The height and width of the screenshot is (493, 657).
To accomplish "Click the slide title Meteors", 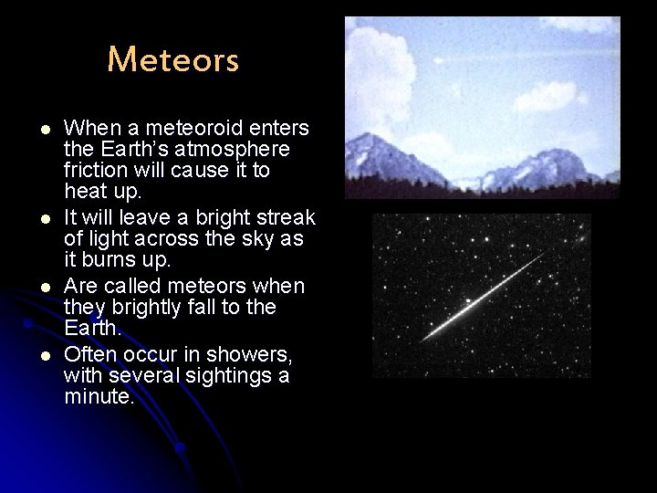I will [x=172, y=60].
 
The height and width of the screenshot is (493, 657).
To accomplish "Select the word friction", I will [x=94, y=170].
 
